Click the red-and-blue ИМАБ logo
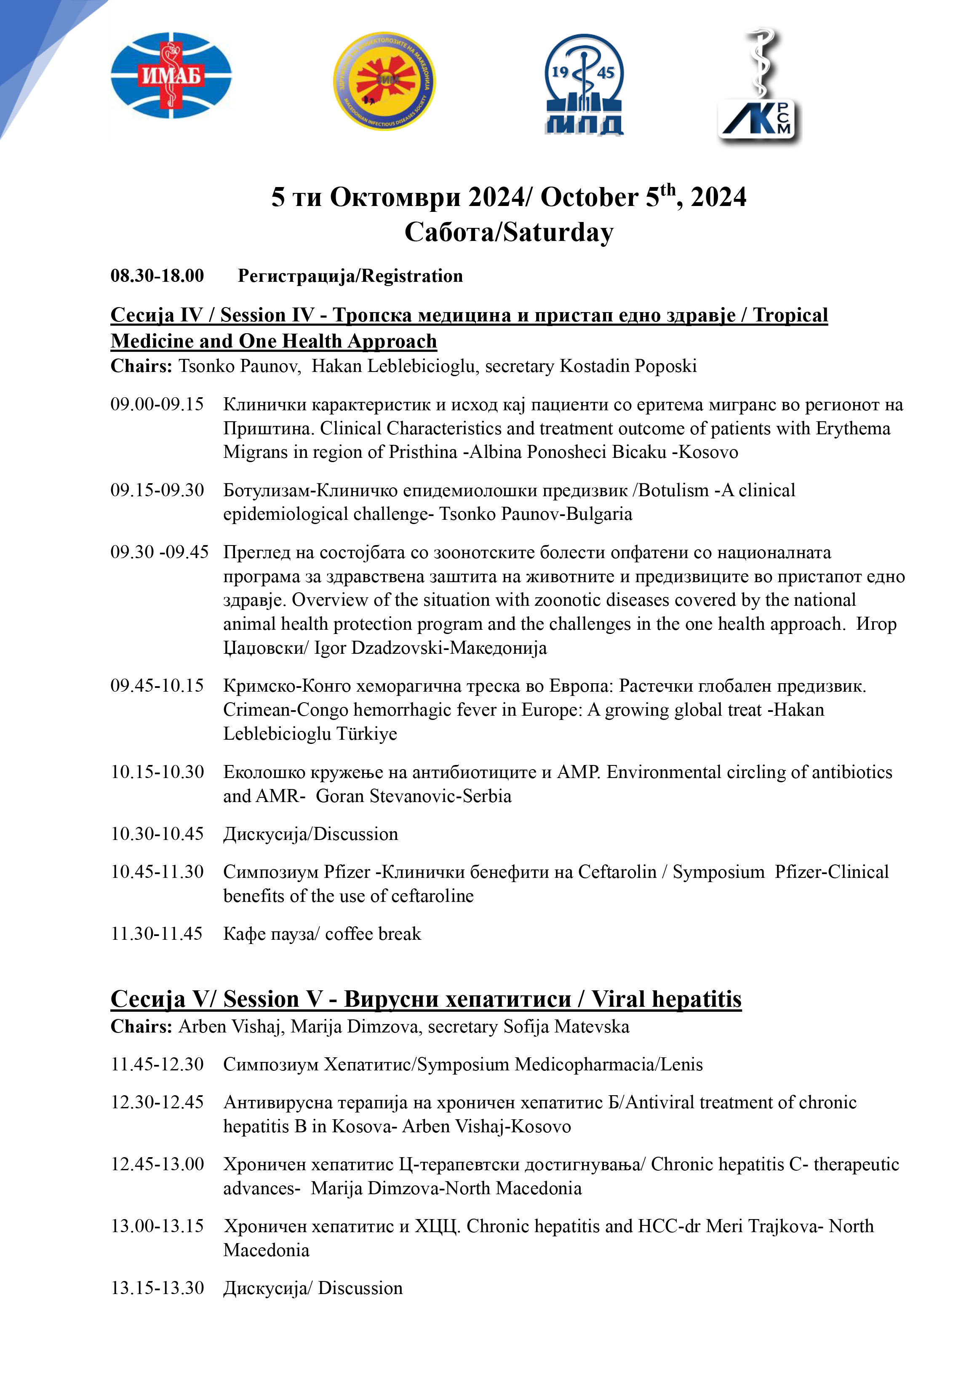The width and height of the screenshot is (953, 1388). [x=171, y=76]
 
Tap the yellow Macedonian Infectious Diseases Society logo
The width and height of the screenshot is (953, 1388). [x=384, y=81]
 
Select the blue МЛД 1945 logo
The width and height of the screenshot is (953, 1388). [x=584, y=84]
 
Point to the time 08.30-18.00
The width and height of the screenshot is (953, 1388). [x=157, y=276]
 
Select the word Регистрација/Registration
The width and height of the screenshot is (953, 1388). [x=350, y=276]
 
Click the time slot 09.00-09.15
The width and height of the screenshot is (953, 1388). [x=157, y=404]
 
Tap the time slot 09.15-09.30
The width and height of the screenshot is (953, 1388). [x=157, y=490]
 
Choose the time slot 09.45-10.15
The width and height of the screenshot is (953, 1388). [x=157, y=686]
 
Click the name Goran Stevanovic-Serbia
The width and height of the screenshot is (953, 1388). [x=413, y=796]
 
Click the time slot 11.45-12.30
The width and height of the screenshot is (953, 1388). [x=157, y=1064]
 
